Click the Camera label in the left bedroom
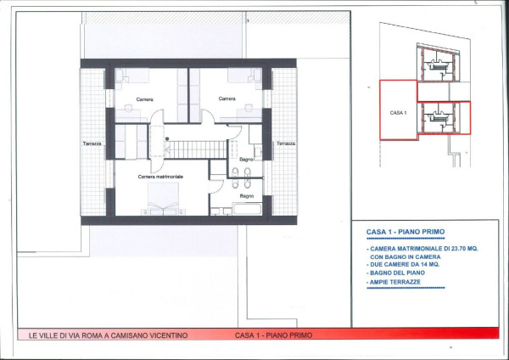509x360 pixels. click(144, 99)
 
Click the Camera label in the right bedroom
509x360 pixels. click(227, 98)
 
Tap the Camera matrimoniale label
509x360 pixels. click(160, 177)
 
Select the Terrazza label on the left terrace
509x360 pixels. click(92, 143)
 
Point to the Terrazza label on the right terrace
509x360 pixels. click(286, 143)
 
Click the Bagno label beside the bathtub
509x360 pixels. click(247, 196)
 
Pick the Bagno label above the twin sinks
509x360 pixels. click(246, 160)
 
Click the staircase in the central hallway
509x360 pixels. click(196, 149)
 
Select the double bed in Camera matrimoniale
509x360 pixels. click(163, 199)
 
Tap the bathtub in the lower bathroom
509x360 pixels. click(247, 209)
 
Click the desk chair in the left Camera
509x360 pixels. click(129, 108)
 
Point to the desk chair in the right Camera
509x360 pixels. click(249, 108)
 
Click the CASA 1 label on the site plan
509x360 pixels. click(399, 113)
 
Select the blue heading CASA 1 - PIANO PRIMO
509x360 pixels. click(406, 232)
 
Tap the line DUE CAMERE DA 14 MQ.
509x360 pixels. click(405, 264)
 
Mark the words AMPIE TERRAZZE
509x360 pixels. click(395, 282)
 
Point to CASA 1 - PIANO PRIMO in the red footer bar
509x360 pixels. click(274, 335)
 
